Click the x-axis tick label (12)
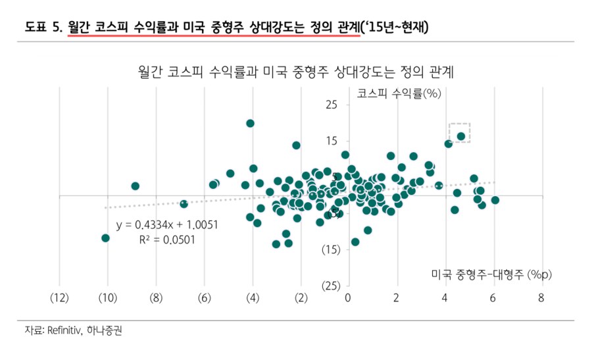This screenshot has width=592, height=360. click(x=59, y=297)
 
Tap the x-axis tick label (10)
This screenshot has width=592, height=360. click(x=108, y=297)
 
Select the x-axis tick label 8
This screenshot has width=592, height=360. click(x=541, y=297)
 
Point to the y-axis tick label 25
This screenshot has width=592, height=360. click(x=331, y=105)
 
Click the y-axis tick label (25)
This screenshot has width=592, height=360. click(x=331, y=286)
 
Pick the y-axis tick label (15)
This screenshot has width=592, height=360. click(x=331, y=249)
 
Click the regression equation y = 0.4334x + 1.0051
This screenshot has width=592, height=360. click(x=168, y=225)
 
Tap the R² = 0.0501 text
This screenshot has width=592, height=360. click(x=168, y=240)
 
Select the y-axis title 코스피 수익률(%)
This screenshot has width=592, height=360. click(x=398, y=93)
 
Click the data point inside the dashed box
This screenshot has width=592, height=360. click(x=461, y=136)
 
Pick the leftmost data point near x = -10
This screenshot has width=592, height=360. click(x=105, y=238)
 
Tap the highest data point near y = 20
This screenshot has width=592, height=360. click(x=250, y=123)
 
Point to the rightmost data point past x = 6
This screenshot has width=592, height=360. click(x=495, y=200)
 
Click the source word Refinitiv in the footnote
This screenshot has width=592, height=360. click(x=62, y=331)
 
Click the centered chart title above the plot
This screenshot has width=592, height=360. click(x=297, y=70)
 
